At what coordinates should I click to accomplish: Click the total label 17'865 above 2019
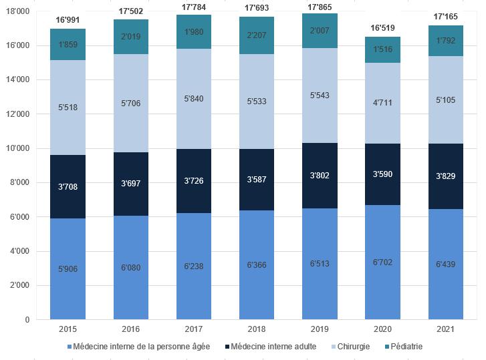320,7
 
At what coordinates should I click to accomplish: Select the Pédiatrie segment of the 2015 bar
68,44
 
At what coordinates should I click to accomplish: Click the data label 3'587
257,180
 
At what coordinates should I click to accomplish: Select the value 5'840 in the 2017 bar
194,99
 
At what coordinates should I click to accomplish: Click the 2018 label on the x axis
257,330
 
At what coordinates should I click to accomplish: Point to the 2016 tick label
131,330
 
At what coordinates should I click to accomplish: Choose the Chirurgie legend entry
350,347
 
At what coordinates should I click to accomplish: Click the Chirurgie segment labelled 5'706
131,103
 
